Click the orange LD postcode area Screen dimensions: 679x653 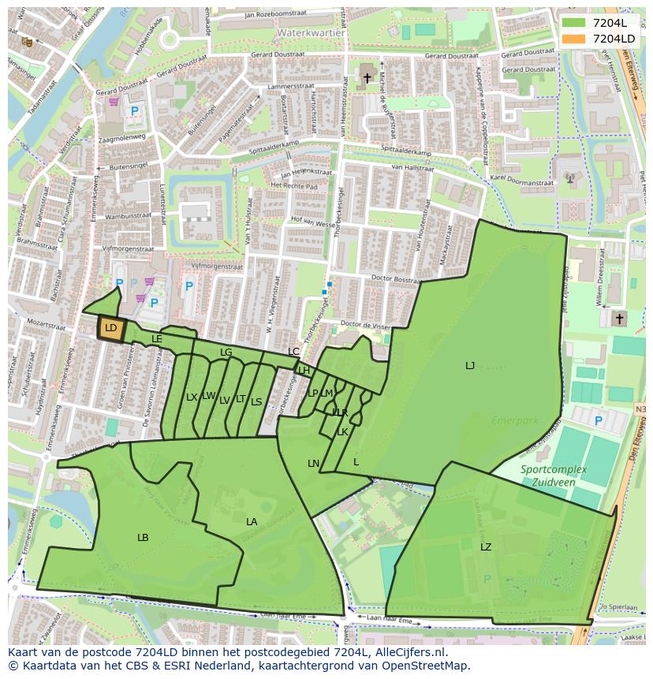pyautogui.click(x=110, y=328)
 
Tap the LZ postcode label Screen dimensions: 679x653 pyautogui.click(x=486, y=547)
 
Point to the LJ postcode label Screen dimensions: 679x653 pyautogui.click(x=470, y=366)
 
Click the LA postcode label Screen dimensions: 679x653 pyautogui.click(x=252, y=522)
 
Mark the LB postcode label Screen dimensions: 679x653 pyautogui.click(x=143, y=538)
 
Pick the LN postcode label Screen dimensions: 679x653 pyautogui.click(x=313, y=464)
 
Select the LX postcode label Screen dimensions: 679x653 pyautogui.click(x=192, y=397)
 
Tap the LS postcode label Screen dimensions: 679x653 pyautogui.click(x=256, y=402)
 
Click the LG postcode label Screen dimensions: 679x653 pyautogui.click(x=226, y=353)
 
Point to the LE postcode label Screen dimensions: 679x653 pyautogui.click(x=157, y=339)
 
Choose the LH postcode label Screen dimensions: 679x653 pyautogui.click(x=304, y=371)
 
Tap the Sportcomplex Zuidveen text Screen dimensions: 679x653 pyautogui.click(x=553, y=475)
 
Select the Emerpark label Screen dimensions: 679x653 pyautogui.click(x=513, y=421)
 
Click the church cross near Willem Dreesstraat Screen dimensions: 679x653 pyautogui.click(x=619, y=319)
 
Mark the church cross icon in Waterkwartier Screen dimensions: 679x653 pyautogui.click(x=367, y=78)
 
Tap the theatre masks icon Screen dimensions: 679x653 pyautogui.click(x=27, y=42)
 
